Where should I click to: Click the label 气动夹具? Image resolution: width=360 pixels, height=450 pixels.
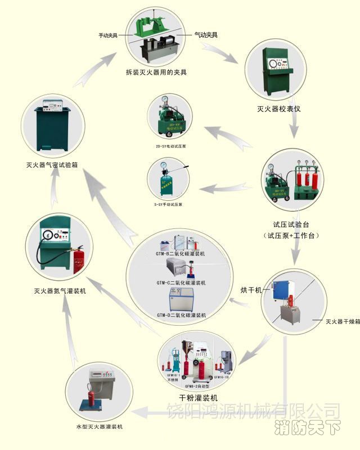click(x=205, y=34)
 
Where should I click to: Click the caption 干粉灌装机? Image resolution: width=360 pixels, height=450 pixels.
click(x=194, y=397)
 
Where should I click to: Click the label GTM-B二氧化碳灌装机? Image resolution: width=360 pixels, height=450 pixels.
click(x=181, y=254)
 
